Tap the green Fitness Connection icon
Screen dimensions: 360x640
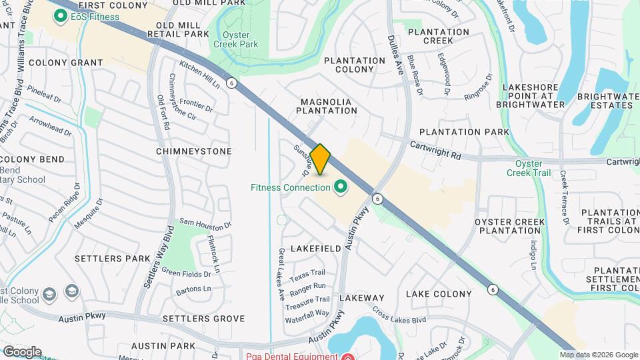tap(341, 187)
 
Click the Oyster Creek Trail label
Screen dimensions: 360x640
tap(533, 168)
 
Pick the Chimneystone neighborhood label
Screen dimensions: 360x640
tap(193, 151)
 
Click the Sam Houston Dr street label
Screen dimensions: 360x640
tap(205, 224)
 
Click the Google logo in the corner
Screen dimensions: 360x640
tap(22, 352)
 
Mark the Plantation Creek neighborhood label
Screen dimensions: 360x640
tap(439, 36)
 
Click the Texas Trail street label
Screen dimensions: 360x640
tap(307, 273)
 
